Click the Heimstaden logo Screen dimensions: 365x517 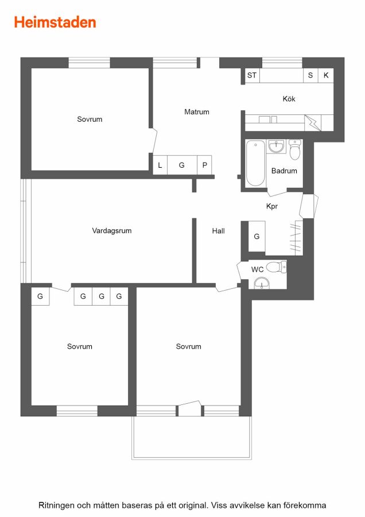[x=55, y=22]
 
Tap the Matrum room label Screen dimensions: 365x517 [x=197, y=112]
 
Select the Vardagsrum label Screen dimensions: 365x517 [x=112, y=230]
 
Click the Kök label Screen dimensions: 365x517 [x=289, y=99]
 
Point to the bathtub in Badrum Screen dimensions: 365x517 [x=255, y=163]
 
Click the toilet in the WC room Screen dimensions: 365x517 [x=277, y=267]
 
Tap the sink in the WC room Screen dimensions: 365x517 [x=262, y=283]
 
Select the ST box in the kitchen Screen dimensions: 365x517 [x=252, y=75]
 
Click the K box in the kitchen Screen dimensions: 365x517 [x=326, y=75]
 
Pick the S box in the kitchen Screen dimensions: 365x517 [x=310, y=75]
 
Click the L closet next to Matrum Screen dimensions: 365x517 [x=160, y=165]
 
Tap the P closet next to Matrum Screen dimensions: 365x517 [x=204, y=165]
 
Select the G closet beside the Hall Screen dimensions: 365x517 [x=257, y=237]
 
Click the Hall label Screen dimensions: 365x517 [x=219, y=231]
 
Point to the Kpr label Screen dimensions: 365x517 [x=272, y=206]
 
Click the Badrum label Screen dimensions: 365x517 [x=284, y=171]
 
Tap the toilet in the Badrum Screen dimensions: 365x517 [x=295, y=149]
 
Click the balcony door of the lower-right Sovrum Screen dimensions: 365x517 [x=189, y=408]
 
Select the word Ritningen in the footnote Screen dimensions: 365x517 [x=57, y=506]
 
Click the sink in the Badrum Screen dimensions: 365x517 [x=275, y=146]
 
